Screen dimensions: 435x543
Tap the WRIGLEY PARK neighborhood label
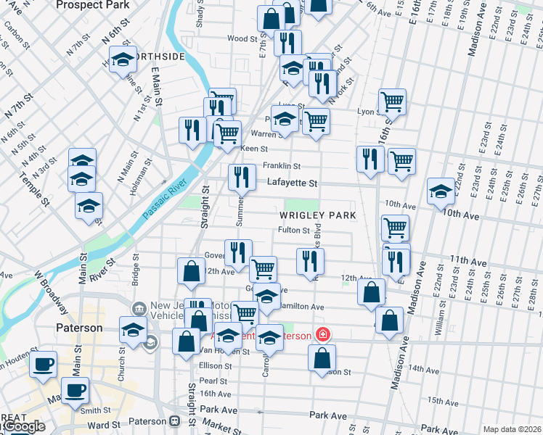317,215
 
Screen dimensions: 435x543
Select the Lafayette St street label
291,183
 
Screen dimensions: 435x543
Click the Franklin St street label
281,165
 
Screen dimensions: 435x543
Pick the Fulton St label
294,231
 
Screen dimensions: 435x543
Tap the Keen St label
254,149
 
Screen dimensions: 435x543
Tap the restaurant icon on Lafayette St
242,176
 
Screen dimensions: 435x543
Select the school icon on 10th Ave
441,191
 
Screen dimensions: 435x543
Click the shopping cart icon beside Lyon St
392,101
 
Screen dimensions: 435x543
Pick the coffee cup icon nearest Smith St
74,390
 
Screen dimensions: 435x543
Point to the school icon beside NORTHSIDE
123,59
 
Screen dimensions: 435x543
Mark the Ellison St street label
215,366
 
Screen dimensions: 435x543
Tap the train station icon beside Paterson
174,421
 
